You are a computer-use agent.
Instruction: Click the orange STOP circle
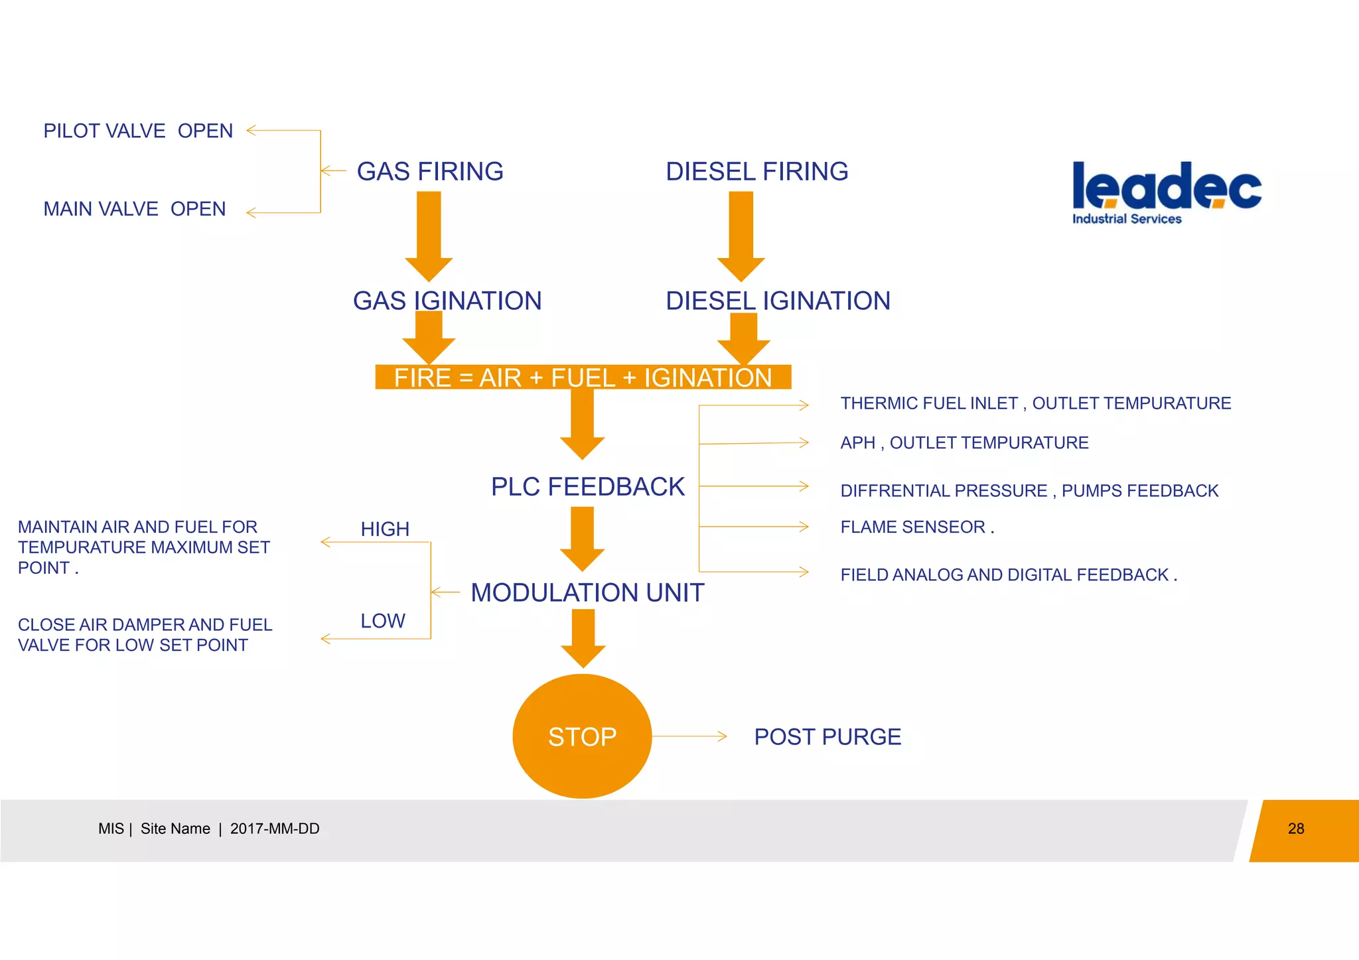tap(582, 736)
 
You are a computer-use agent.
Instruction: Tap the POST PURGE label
tap(827, 737)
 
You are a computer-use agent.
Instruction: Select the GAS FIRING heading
tap(430, 171)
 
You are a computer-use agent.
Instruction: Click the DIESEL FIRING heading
tap(756, 171)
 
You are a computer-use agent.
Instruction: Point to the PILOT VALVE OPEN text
tap(138, 131)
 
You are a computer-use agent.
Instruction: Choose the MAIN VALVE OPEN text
tap(135, 209)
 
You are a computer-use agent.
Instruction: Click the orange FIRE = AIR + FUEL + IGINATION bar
tap(583, 377)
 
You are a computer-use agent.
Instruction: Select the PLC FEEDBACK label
tap(587, 487)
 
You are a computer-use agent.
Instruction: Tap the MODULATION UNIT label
tap(587, 592)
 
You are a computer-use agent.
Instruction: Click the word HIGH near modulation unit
tap(385, 529)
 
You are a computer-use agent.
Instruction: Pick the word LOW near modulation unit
tap(383, 621)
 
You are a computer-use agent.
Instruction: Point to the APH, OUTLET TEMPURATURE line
tap(964, 443)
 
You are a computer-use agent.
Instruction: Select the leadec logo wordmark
tap(1167, 186)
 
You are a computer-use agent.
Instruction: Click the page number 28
tap(1296, 829)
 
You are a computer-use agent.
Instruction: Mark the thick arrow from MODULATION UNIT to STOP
tap(583, 637)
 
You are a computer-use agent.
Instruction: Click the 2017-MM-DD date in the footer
tap(275, 829)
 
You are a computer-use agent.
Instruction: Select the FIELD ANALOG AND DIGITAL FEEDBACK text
tap(1008, 575)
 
